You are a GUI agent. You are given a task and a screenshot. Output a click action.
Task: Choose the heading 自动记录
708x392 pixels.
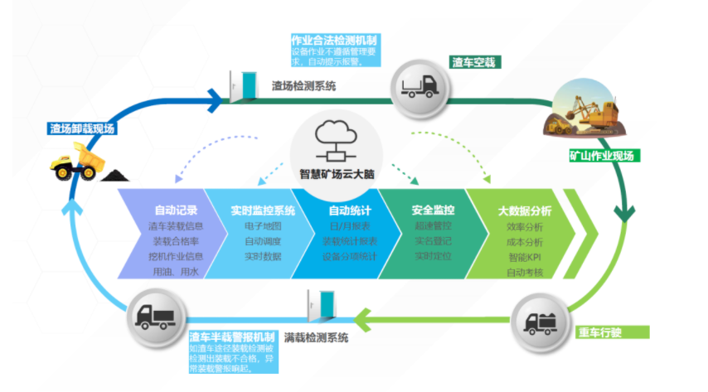tap(176, 210)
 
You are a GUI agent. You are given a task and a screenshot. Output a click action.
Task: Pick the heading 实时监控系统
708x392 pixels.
tap(263, 210)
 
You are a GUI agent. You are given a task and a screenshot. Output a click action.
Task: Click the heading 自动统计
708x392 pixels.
tap(349, 210)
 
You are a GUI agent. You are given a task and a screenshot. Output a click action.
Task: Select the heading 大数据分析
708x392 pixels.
tap(525, 211)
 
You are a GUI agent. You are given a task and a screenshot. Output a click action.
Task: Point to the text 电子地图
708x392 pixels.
tap(263, 225)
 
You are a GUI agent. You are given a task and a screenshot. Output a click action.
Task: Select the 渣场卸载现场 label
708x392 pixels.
tap(81, 129)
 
